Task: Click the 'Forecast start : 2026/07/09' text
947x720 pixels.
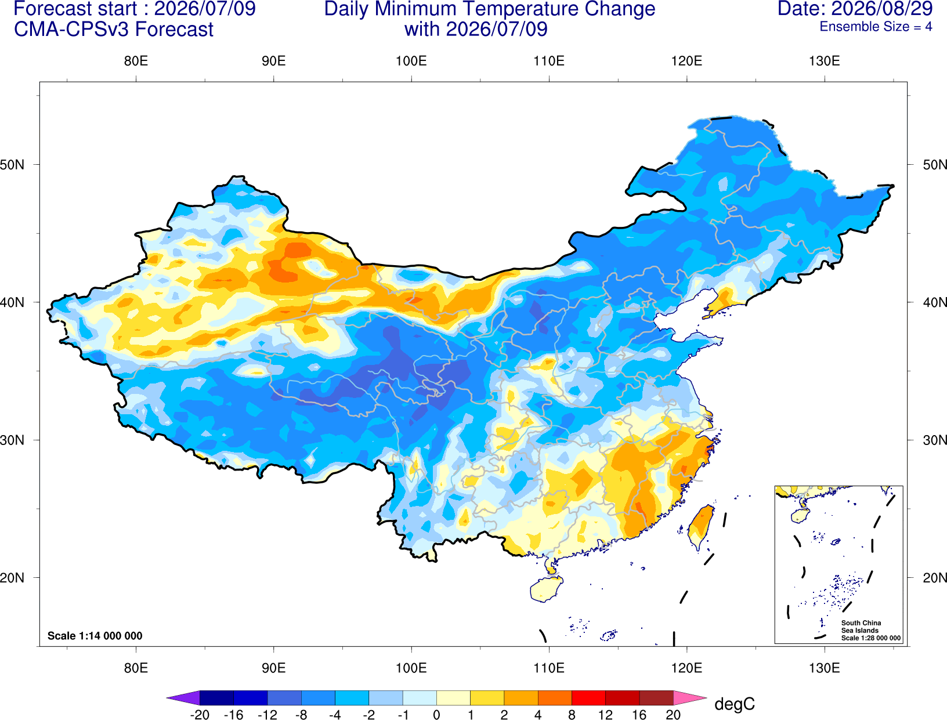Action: (135, 9)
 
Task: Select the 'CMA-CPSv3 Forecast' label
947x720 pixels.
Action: (114, 30)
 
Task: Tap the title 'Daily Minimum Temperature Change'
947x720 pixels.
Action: (490, 9)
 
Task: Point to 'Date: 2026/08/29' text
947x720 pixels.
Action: (855, 9)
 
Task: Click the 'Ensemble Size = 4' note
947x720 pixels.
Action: (876, 27)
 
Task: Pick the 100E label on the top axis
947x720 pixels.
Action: (411, 61)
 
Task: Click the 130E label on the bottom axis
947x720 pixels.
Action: (825, 668)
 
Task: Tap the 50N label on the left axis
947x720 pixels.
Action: (12, 165)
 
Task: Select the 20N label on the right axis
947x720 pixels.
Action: (935, 578)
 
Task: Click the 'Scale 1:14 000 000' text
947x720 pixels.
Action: (95, 636)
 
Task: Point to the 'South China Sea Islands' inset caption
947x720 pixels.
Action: (861, 627)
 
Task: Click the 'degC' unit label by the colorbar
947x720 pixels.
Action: (734, 704)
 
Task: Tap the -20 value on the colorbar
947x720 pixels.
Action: (200, 715)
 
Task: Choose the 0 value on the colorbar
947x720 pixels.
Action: (436, 715)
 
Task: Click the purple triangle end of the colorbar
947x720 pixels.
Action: (183, 697)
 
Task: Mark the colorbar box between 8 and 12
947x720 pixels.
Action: (588, 697)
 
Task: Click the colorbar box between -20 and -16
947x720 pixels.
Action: (216, 697)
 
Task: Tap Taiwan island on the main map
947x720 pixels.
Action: (700, 527)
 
